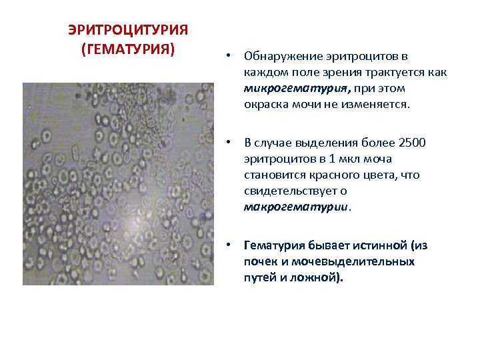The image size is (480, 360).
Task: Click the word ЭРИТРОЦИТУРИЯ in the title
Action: [128, 31]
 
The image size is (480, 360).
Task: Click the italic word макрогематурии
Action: [296, 207]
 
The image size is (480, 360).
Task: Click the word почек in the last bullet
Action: [260, 261]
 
